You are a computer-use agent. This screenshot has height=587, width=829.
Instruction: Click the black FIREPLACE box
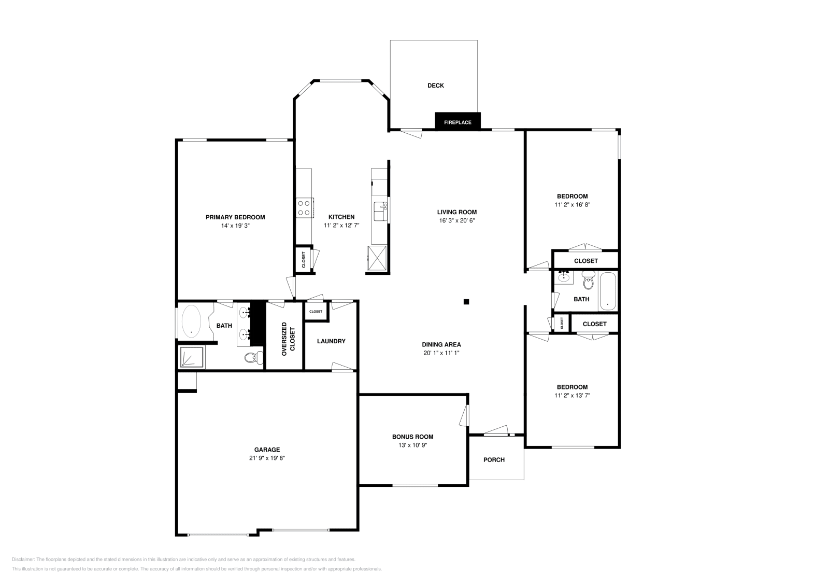(x=458, y=121)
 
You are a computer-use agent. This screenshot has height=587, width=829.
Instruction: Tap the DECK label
(x=436, y=86)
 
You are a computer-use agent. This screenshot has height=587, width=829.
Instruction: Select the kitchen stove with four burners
(x=305, y=208)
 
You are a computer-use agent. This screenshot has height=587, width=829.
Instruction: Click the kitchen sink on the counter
(x=380, y=211)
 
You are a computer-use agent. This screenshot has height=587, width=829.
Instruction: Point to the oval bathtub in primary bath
(x=191, y=321)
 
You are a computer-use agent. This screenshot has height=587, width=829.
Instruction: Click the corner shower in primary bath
(x=192, y=357)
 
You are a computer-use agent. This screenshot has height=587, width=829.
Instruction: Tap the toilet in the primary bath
(x=254, y=357)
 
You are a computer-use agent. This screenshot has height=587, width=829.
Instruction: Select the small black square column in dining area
(x=466, y=301)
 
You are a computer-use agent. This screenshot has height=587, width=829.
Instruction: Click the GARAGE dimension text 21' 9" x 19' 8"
(x=267, y=458)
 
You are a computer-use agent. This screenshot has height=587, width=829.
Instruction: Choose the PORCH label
(x=494, y=460)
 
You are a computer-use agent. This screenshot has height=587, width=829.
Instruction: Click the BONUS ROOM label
(x=412, y=437)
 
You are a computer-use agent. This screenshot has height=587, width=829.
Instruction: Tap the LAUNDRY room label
(x=331, y=341)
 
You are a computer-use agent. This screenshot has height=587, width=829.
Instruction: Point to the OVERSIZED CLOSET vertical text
(x=289, y=339)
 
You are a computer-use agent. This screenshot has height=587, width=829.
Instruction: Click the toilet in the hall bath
(x=588, y=280)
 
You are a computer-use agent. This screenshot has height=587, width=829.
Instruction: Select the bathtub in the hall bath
(x=607, y=291)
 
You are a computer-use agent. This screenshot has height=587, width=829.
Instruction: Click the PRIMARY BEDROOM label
(x=235, y=217)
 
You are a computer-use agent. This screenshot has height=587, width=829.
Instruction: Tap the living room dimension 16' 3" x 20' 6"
(x=457, y=221)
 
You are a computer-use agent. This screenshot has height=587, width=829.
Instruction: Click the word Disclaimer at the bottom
(x=23, y=560)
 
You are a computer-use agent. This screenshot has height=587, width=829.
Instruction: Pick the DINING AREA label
(x=441, y=345)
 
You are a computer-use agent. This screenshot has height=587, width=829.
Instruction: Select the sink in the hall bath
(x=564, y=277)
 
